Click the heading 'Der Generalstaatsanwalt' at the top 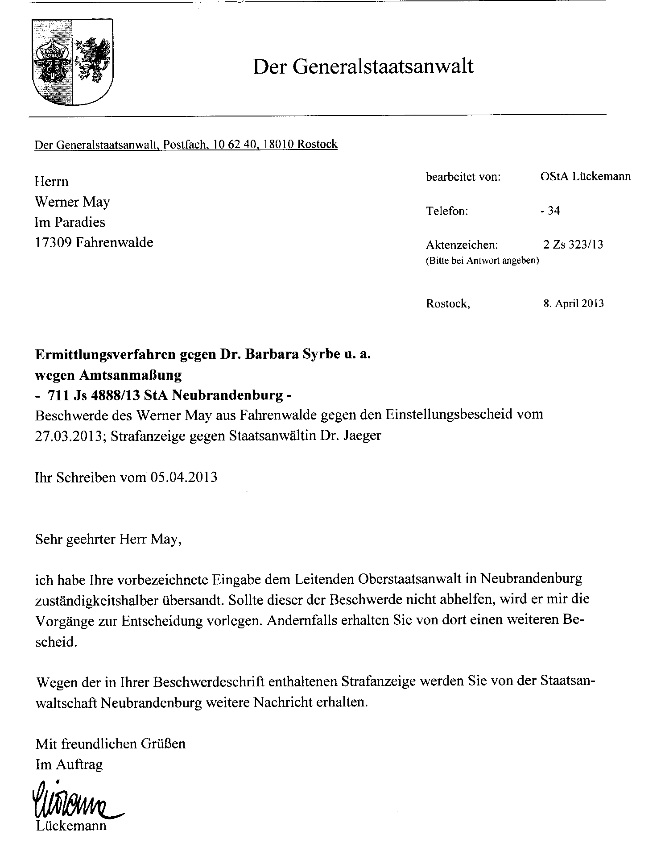click(x=363, y=67)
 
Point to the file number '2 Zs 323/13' click(x=573, y=244)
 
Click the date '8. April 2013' click(x=573, y=303)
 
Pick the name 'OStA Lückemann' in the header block click(x=585, y=177)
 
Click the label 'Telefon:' click(x=447, y=211)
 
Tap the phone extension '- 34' click(x=550, y=210)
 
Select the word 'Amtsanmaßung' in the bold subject click(x=130, y=375)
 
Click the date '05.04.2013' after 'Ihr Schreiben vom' click(x=184, y=478)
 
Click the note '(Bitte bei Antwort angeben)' click(x=483, y=261)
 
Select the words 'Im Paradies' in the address click(x=70, y=222)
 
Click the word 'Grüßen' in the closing click(x=163, y=744)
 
